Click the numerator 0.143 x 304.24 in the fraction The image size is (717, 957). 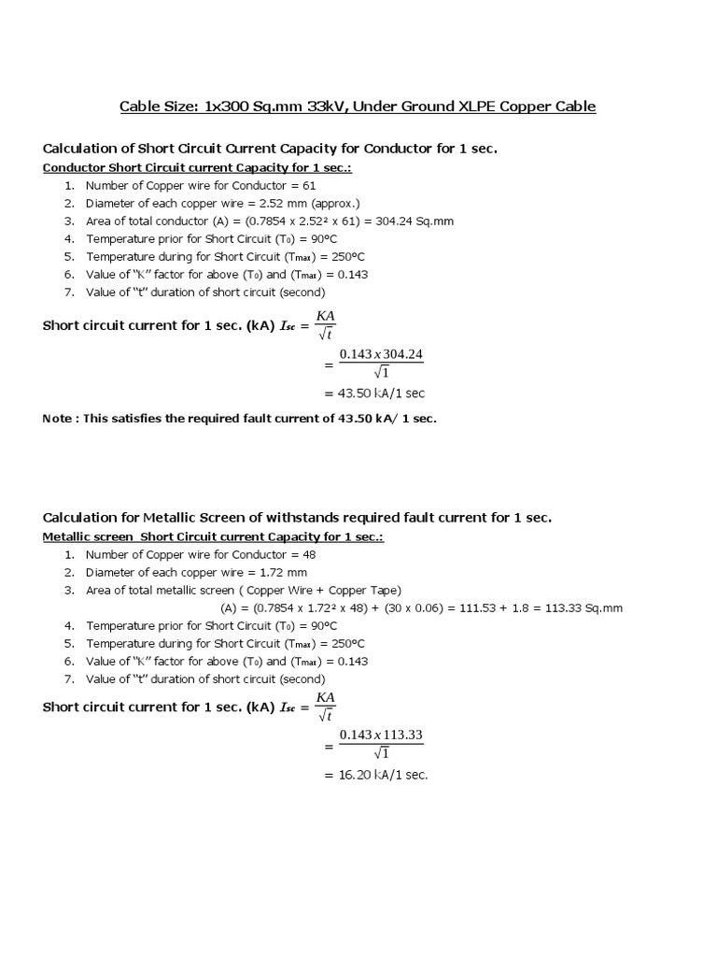[381, 353]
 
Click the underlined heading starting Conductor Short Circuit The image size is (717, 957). [197, 168]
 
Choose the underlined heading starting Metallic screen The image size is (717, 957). [213, 537]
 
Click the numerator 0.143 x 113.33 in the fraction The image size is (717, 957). [381, 735]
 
